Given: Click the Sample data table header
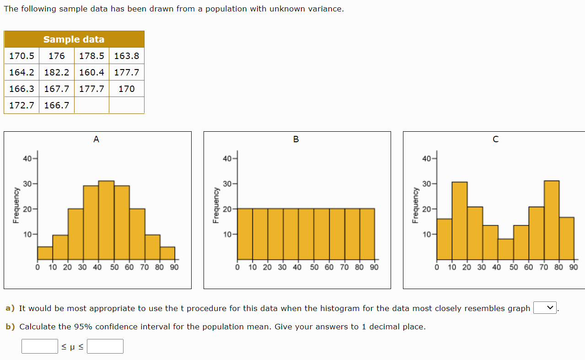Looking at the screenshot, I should click(74, 39).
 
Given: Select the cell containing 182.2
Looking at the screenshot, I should click(57, 72).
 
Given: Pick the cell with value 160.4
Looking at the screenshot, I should click(91, 72).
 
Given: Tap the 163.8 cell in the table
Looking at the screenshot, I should click(127, 56).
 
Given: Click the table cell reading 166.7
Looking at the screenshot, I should click(57, 105).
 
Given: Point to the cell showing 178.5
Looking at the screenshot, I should click(91, 56).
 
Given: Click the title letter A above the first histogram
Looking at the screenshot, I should click(96, 140).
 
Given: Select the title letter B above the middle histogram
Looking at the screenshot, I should click(296, 140).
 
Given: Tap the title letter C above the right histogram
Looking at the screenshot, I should click(495, 140).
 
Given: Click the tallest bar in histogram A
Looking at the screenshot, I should click(106, 220).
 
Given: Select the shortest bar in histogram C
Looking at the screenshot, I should click(505, 249).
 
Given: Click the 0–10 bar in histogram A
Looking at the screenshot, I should click(45, 253).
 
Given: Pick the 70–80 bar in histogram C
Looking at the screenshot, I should click(551, 220).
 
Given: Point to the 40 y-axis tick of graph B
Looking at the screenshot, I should click(227, 159).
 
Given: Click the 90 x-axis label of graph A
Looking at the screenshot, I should click(174, 267).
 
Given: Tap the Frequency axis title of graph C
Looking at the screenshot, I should click(415, 205).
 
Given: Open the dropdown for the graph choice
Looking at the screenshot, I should click(545, 308).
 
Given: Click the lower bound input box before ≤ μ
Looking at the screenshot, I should click(40, 346).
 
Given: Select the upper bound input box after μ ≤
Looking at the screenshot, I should click(105, 346).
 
